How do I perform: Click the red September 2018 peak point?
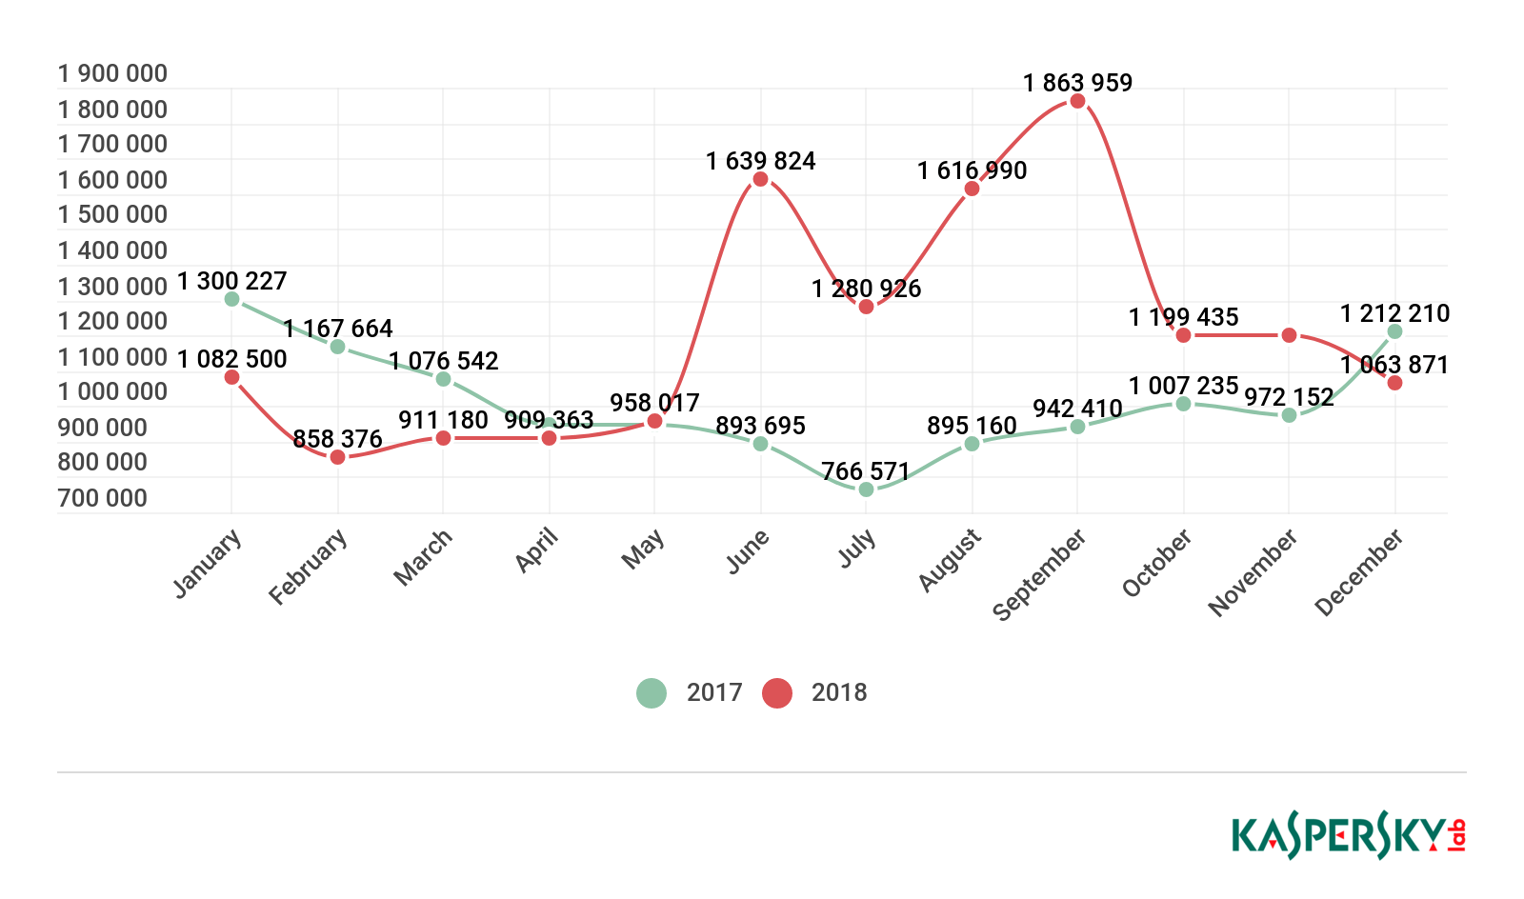coord(1077,101)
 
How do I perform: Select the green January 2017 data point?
coord(231,299)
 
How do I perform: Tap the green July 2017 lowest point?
coord(866,489)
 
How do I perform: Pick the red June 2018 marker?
coord(760,179)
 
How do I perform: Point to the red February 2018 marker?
coord(337,457)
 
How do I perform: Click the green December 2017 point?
coord(1394,331)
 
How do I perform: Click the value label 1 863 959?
coord(1077,83)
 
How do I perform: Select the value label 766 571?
coord(866,471)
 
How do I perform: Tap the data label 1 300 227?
coord(231,281)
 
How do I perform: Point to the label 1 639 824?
coord(760,161)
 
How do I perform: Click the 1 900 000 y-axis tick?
coord(112,73)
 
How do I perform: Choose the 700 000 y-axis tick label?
coord(103,498)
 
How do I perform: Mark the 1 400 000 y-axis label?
coord(112,250)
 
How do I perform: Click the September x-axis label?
coord(1039,574)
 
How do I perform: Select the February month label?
coord(308,567)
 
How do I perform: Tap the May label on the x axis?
coord(643,549)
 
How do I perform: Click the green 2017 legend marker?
coord(652,692)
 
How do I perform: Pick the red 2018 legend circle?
coord(777,692)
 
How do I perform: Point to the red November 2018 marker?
coord(1289,335)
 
